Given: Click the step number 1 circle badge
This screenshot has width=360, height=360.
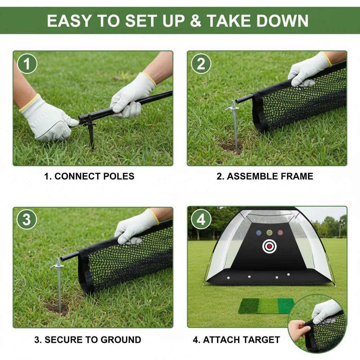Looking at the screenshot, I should tap(27, 64).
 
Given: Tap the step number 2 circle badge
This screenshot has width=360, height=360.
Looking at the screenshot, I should tap(201, 64).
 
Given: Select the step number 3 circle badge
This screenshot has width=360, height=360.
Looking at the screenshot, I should tap(27, 220).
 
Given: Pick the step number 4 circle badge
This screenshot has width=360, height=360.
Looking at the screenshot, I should tap(201, 220).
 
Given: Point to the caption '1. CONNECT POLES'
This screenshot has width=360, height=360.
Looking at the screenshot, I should tap(89, 176).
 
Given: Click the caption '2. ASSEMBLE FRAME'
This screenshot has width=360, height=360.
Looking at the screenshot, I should tap(265, 176).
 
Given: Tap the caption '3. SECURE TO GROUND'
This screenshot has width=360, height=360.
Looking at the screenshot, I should tap(88, 340).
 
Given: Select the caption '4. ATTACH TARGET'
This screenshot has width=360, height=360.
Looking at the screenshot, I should tap(236, 340).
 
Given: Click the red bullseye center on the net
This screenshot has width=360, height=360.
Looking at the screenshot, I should tap(269, 246).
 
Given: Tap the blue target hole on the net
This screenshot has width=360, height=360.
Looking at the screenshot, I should tap(259, 233).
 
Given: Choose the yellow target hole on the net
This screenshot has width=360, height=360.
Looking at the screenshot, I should tap(269, 233).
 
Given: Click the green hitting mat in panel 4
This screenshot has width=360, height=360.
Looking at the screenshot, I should tap(266, 306).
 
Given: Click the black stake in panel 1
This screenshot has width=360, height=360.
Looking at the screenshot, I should tap(91, 132).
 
